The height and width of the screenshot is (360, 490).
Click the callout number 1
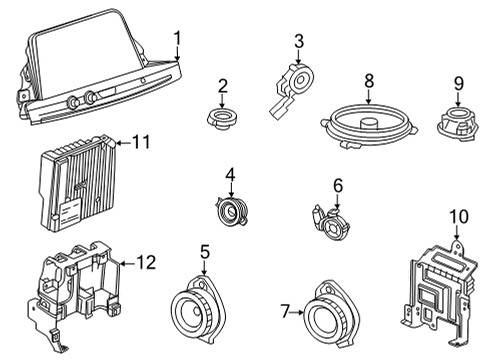point(177,39)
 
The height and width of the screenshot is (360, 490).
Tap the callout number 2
point(223,86)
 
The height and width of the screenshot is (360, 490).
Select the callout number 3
point(298,40)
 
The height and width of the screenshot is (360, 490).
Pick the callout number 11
point(140,142)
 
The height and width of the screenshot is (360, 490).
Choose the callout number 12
point(146,263)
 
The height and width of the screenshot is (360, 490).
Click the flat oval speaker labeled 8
point(369,127)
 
